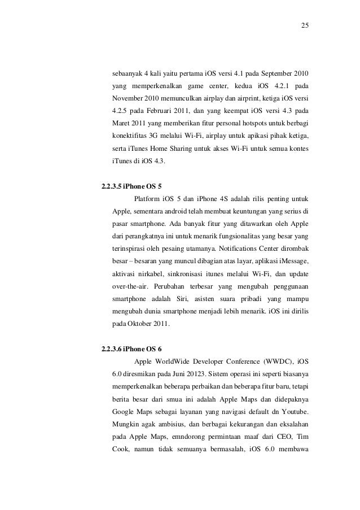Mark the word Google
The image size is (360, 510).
point(124,411)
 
